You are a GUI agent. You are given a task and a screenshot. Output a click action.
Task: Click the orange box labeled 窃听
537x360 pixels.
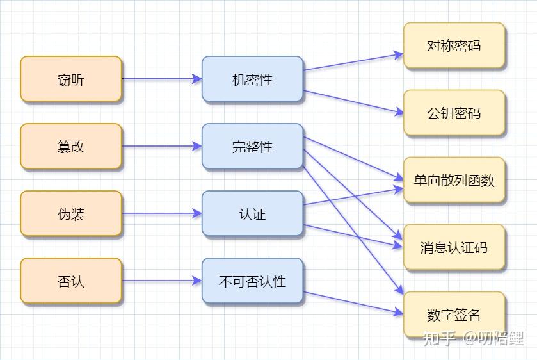[70, 79]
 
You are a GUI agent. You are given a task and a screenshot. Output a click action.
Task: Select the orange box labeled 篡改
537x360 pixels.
[70, 147]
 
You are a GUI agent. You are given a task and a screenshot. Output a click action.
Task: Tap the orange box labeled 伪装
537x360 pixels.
[70, 214]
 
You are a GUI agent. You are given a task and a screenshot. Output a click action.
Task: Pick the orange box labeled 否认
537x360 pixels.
[70, 281]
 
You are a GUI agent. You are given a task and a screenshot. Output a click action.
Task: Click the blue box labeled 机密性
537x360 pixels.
[252, 79]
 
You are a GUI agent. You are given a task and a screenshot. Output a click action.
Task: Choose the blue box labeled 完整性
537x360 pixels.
[252, 147]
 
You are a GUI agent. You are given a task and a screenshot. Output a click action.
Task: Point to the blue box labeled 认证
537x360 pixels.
[252, 214]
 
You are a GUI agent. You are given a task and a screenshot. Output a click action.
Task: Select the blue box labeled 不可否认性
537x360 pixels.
[252, 281]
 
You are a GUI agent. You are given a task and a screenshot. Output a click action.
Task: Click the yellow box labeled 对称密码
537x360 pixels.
[454, 46]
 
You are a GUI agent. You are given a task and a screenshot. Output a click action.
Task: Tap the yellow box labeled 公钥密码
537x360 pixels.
[454, 113]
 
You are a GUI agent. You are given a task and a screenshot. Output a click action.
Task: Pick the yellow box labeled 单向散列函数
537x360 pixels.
[454, 181]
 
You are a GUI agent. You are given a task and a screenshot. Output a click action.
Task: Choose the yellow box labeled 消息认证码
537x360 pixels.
[454, 248]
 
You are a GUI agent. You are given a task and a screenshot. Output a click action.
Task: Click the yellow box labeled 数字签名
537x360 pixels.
[454, 315]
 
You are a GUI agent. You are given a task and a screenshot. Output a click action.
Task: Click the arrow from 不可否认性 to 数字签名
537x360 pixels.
[353, 303]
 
